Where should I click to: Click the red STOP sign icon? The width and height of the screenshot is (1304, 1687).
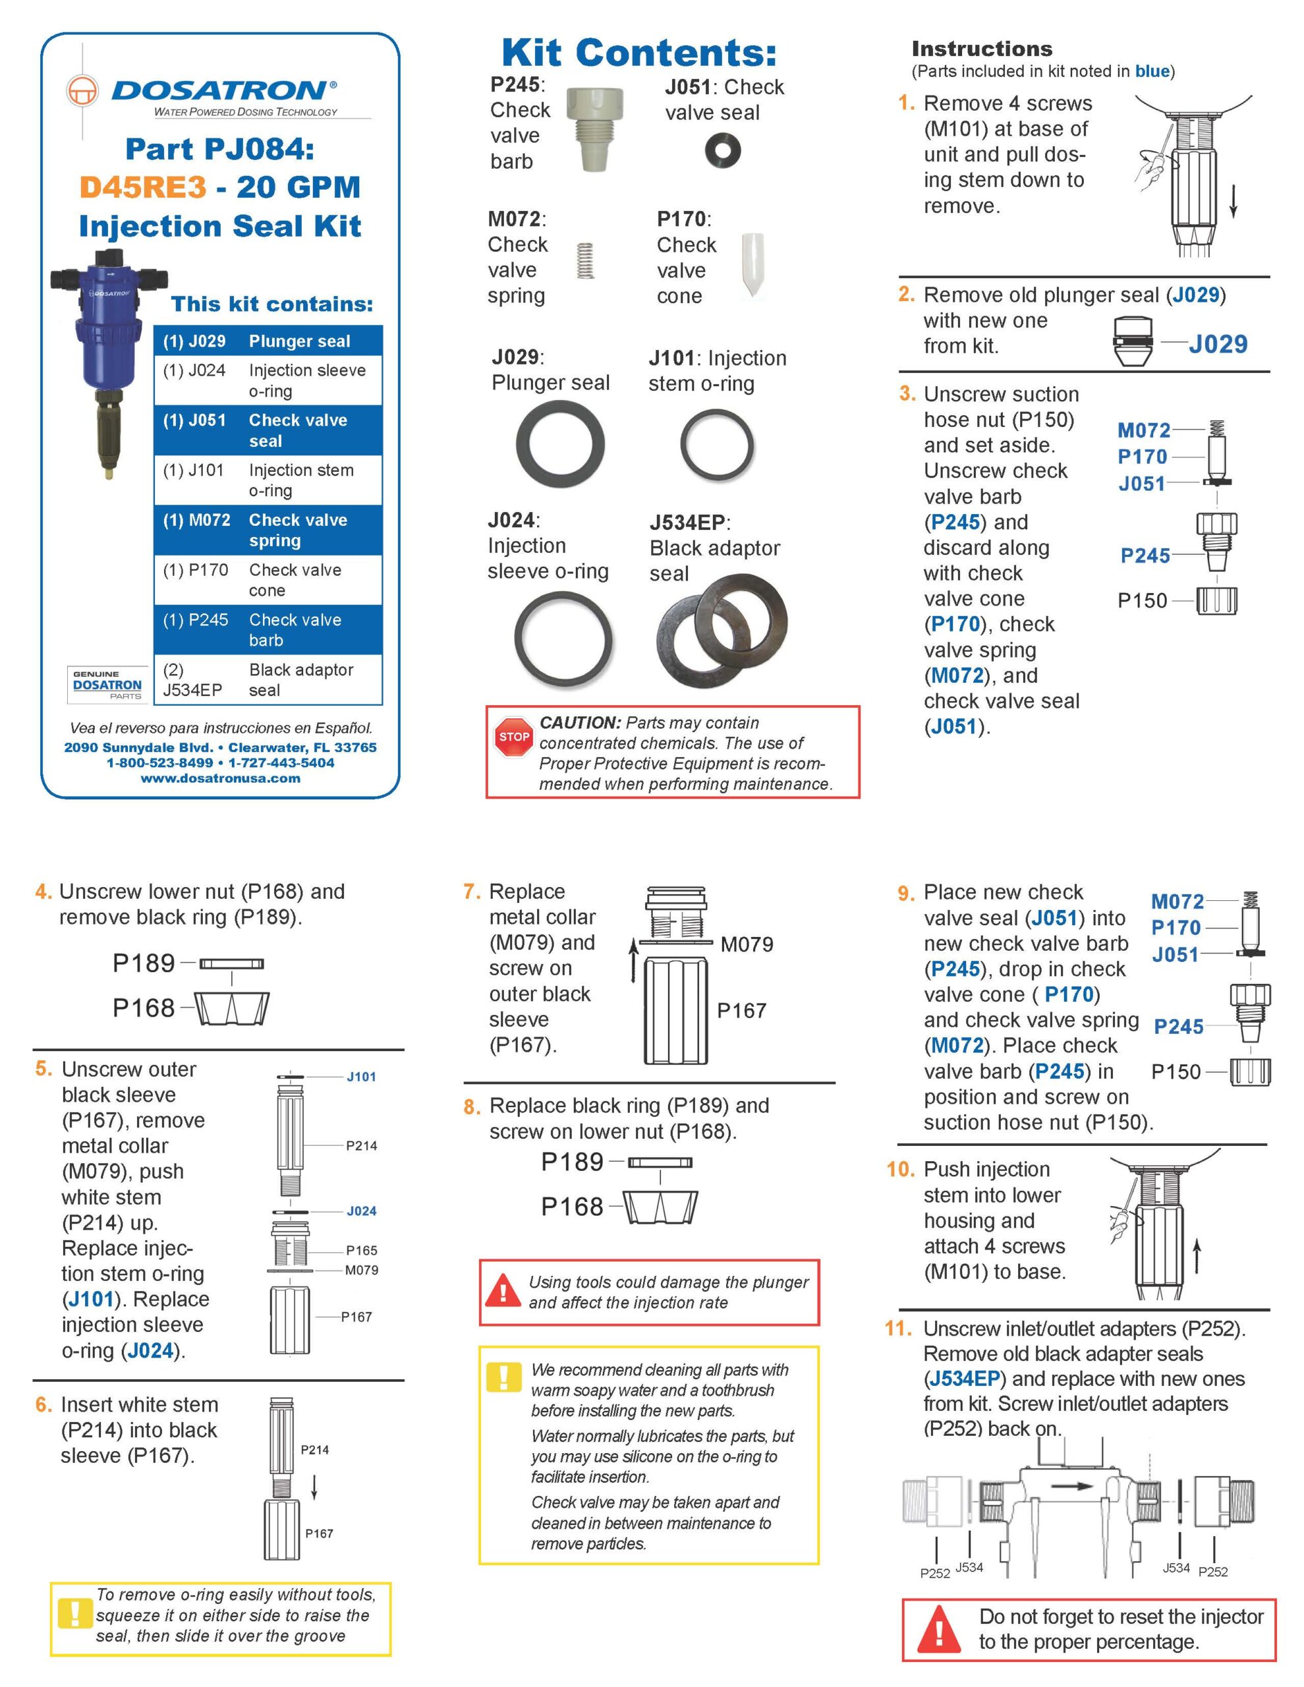(x=514, y=736)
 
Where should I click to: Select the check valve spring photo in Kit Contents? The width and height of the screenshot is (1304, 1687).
(x=586, y=261)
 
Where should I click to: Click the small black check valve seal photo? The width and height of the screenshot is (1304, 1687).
(x=722, y=151)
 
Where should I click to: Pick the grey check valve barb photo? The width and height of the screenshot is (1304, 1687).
(x=594, y=126)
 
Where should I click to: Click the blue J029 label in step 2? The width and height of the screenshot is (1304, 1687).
(x=1218, y=344)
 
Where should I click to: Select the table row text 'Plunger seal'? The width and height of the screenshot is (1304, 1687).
(x=299, y=341)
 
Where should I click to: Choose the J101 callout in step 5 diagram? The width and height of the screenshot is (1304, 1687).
(x=361, y=1077)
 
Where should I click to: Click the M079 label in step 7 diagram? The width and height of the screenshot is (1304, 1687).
(x=747, y=944)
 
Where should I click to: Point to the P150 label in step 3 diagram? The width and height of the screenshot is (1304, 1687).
(x=1142, y=600)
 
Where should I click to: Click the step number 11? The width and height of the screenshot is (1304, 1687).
(x=897, y=1328)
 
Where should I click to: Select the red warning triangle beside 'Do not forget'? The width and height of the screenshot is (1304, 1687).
(x=938, y=1630)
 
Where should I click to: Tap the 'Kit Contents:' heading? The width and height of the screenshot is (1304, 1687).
(x=639, y=53)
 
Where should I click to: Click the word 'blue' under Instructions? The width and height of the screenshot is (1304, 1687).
(x=1152, y=71)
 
